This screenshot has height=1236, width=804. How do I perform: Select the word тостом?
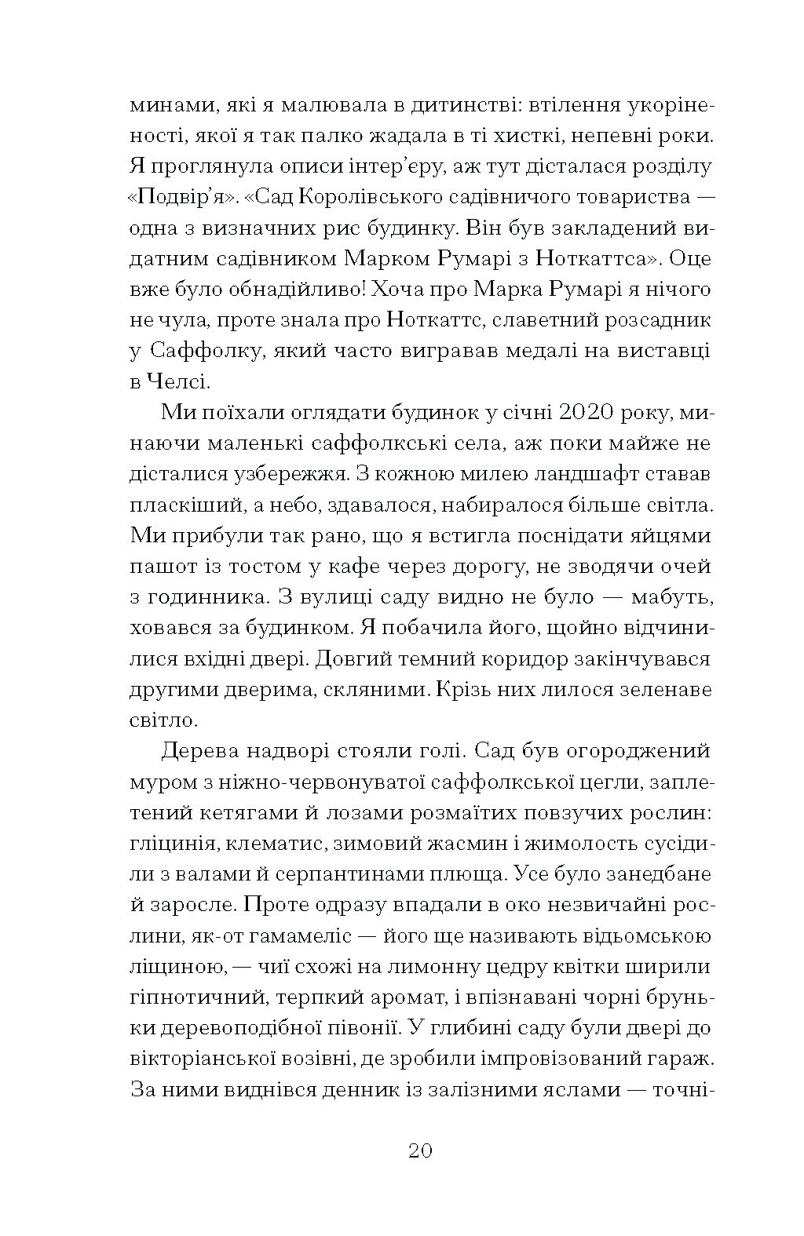[280, 567]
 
